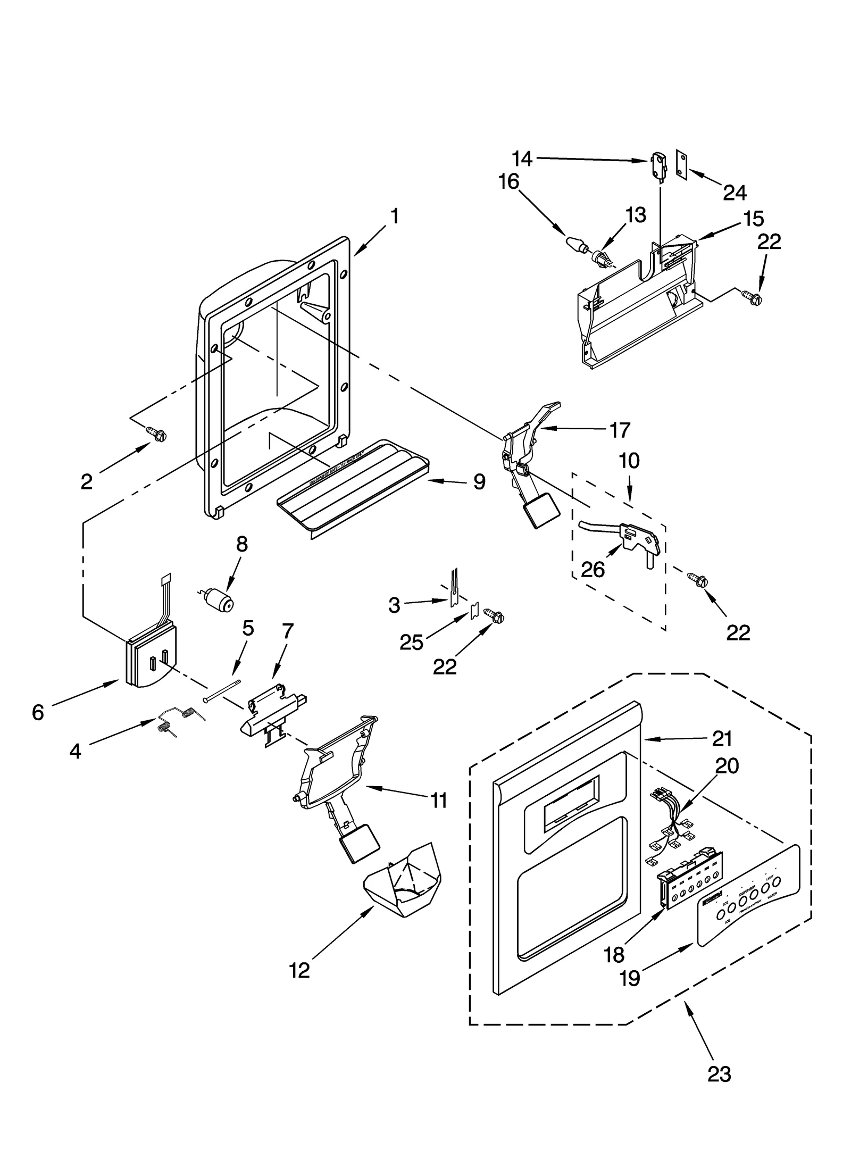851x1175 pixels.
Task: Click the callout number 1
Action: [394, 216]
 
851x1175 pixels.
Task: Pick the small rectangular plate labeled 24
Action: [681, 162]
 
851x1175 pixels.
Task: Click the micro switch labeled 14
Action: [658, 165]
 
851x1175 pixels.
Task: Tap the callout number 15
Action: [754, 219]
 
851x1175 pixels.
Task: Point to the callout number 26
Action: [593, 570]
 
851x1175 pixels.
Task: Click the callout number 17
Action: [619, 430]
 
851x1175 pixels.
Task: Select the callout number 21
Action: [722, 739]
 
